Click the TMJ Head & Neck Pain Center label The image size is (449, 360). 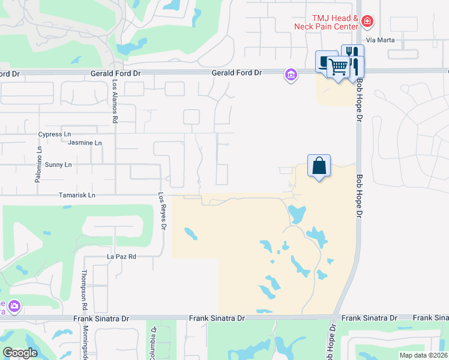point(327,23)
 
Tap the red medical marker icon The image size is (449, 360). point(367,23)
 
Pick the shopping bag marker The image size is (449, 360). point(319,165)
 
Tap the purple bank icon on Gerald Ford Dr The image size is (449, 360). point(291,75)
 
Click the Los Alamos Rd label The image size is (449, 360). point(114,102)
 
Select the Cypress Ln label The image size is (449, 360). point(55,134)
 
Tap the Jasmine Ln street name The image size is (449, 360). point(85,143)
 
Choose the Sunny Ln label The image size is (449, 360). point(58,164)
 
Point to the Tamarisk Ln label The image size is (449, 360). point(77,195)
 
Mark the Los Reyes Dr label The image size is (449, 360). point(161,211)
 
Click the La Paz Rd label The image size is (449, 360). point(122,257)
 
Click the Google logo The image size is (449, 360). point(20,352)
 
